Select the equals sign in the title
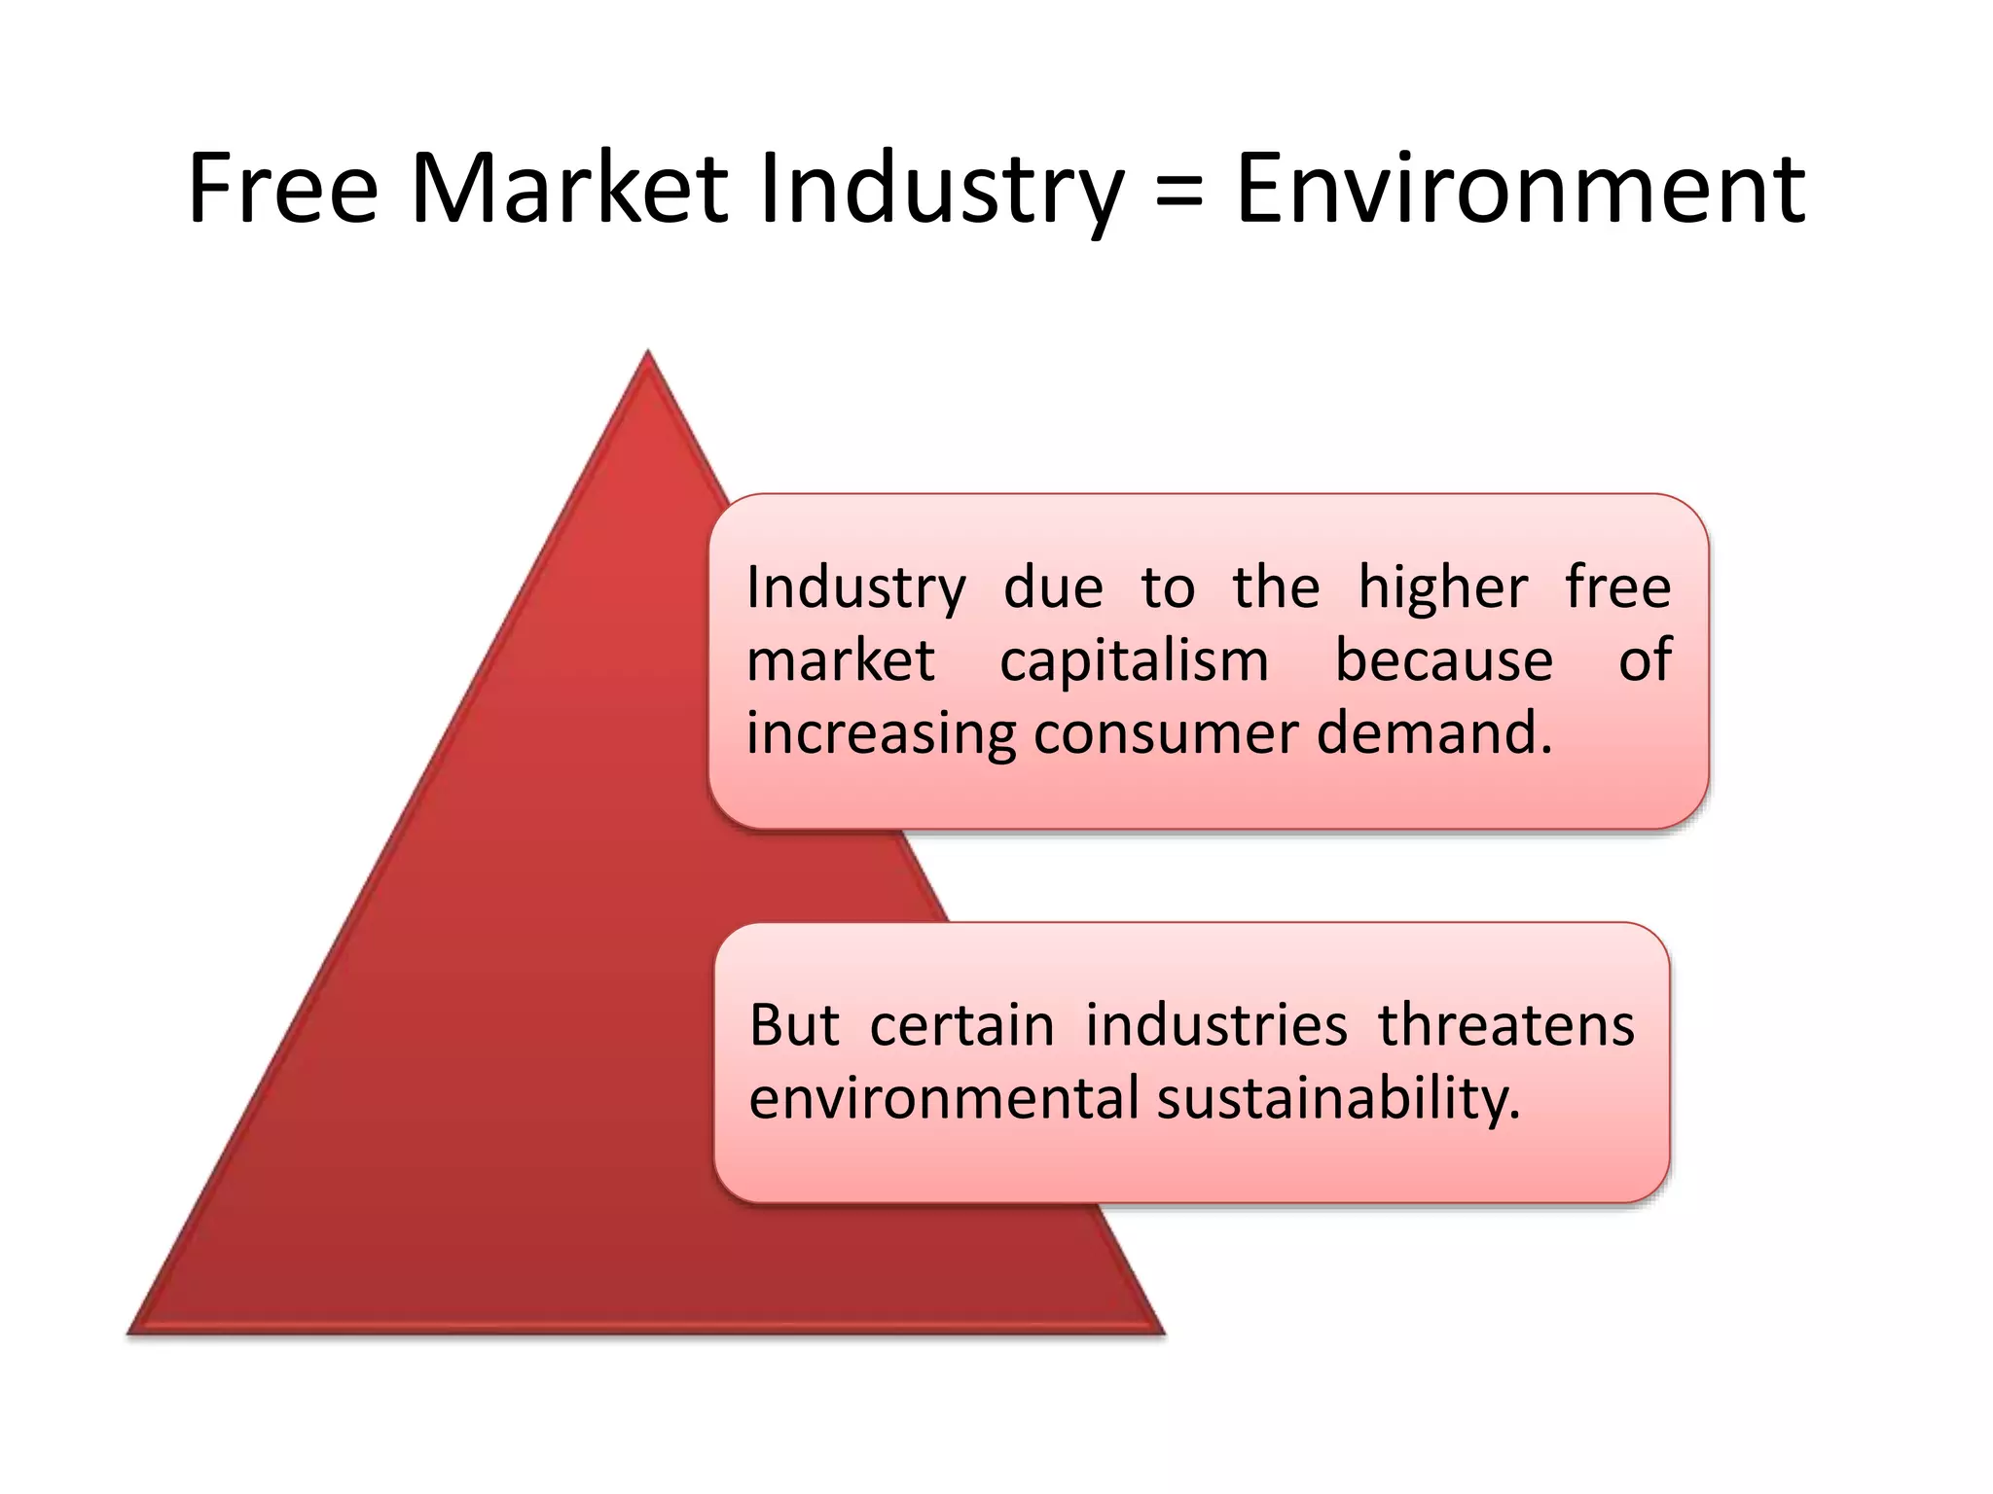[1179, 190]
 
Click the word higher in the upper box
[1442, 588]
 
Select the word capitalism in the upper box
[1135, 661]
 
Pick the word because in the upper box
[1443, 660]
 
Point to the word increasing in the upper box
[881, 735]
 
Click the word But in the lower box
[794, 1025]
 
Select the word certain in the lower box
[961, 1025]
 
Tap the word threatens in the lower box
[1505, 1025]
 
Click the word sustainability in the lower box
[1338, 1100]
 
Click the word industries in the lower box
[1216, 1025]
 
